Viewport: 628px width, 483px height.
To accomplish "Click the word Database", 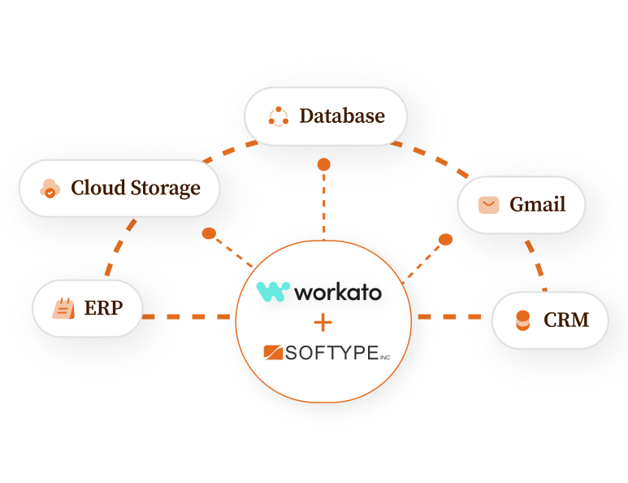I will click(342, 116).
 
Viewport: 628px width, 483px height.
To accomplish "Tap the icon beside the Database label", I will click(279, 116).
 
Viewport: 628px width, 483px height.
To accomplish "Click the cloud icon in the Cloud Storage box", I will click(50, 189).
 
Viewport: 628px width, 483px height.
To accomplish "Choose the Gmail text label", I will click(537, 204).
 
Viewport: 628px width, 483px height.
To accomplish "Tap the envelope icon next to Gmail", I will click(488, 204).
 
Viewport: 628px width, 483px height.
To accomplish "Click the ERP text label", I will click(103, 308).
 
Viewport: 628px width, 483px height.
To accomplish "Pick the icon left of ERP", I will click(63, 308).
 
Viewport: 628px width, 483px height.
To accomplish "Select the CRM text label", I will click(566, 320).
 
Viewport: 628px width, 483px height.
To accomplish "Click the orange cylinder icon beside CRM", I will click(522, 320).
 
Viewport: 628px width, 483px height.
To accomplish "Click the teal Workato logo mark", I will click(273, 291).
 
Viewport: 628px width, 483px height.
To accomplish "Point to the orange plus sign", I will click(323, 323).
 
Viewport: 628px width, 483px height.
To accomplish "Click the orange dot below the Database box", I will click(323, 164).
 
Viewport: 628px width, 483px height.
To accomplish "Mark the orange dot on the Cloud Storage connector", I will click(209, 233).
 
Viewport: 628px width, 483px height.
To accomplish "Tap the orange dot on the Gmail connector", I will click(445, 240).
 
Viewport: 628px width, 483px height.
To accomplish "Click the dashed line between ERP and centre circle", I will click(188, 315).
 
